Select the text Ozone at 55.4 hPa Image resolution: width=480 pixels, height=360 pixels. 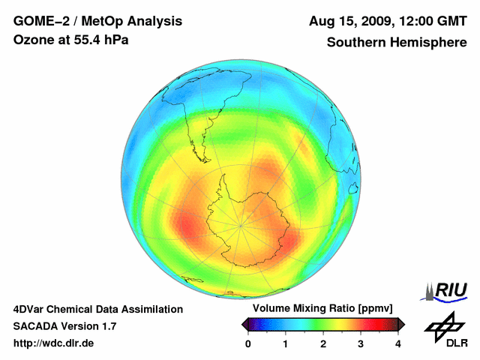(x=71, y=40)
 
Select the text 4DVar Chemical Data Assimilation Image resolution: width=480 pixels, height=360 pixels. (x=98, y=309)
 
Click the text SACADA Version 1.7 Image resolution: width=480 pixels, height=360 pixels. (x=64, y=326)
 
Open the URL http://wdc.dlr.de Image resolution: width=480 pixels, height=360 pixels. (x=54, y=343)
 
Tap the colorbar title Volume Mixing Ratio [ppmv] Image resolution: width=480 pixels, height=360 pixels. (x=323, y=309)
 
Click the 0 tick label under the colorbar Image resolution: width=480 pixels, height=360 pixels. (x=248, y=343)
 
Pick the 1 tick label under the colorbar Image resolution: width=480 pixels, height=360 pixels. (x=286, y=343)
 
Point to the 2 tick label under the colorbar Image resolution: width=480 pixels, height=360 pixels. (x=323, y=343)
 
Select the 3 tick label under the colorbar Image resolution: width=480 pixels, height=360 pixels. (x=361, y=343)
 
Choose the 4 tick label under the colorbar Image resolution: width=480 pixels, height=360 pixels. (x=398, y=343)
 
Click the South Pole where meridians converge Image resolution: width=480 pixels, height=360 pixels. (x=241, y=224)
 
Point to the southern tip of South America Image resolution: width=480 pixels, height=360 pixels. (x=203, y=158)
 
